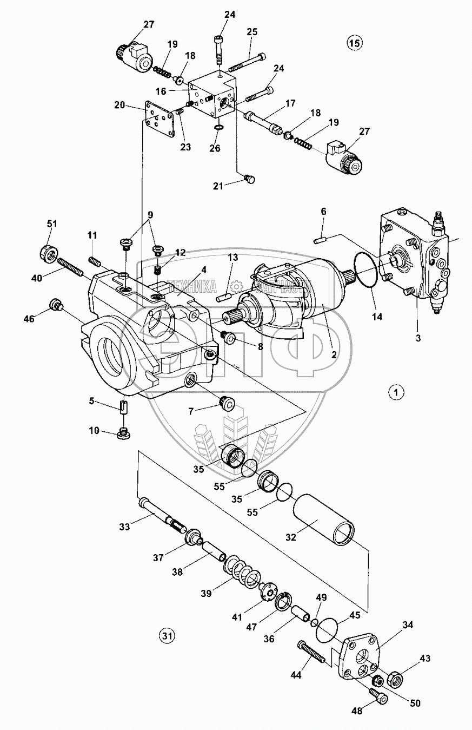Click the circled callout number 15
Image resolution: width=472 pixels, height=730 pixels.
(x=354, y=43)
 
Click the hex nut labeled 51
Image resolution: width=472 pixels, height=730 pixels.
(x=50, y=252)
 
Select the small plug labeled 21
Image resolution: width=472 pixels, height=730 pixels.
(x=249, y=179)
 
